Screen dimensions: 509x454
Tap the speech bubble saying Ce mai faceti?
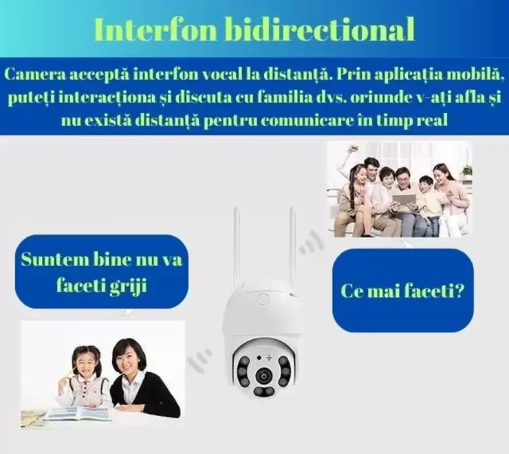[x=402, y=291]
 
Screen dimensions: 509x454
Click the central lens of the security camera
[x=263, y=376]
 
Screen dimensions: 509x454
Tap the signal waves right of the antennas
[x=311, y=242]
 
